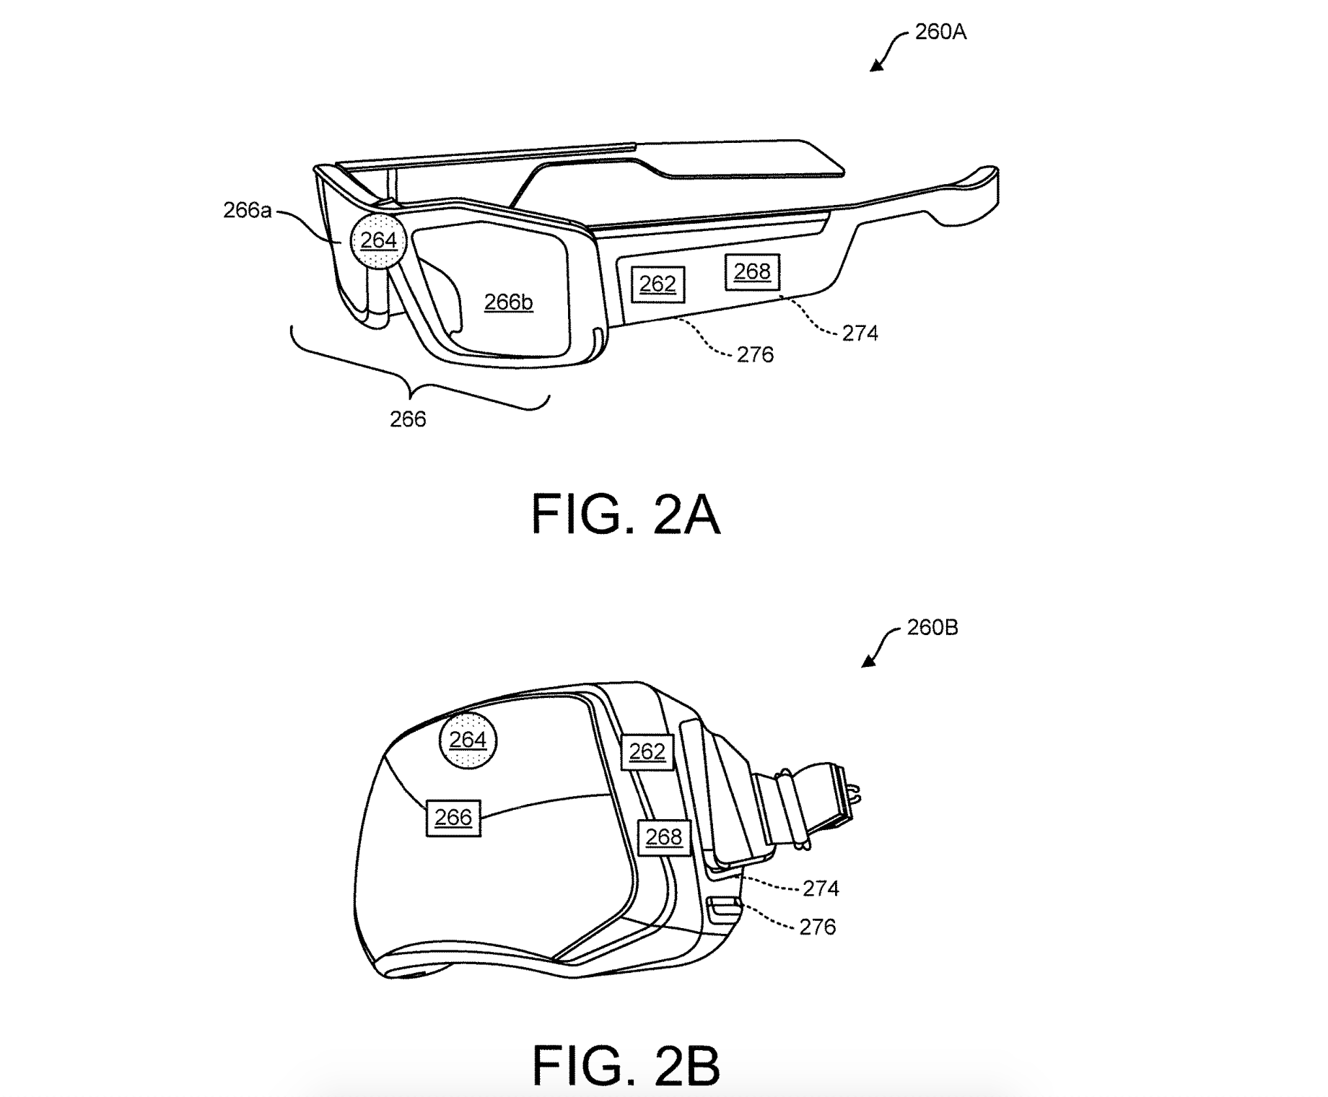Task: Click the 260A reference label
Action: [x=940, y=32]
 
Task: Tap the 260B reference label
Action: [x=932, y=628]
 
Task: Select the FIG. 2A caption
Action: [x=626, y=515]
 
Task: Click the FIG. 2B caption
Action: [x=626, y=1065]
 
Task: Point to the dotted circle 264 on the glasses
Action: [x=378, y=240]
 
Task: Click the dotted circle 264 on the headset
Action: [x=468, y=740]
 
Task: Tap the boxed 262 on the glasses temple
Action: [x=658, y=284]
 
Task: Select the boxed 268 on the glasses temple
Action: [x=752, y=272]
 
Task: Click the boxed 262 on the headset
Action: [x=647, y=752]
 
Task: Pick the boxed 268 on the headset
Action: [x=664, y=837]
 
